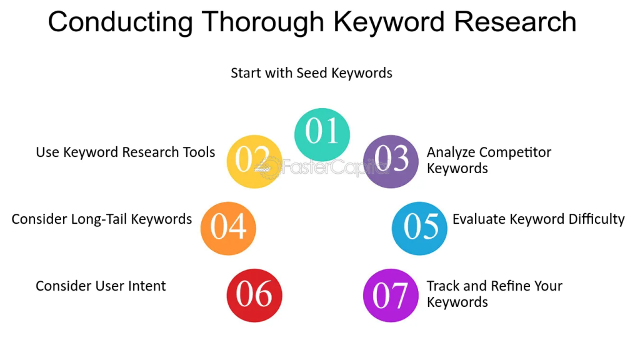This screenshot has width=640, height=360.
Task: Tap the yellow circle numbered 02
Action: (254, 161)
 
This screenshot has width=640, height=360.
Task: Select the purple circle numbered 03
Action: (391, 161)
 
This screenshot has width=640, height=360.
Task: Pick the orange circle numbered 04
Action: (228, 228)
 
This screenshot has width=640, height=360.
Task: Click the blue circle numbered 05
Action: (419, 228)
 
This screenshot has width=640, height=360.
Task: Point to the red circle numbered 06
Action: (254, 295)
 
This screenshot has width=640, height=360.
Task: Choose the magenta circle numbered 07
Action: (391, 295)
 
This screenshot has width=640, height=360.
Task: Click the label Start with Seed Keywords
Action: (311, 73)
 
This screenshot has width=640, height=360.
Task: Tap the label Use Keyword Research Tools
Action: (125, 152)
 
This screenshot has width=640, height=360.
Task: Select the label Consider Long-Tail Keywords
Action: (101, 219)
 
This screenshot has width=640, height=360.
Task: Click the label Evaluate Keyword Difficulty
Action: (538, 219)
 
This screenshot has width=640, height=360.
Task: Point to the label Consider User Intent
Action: (101, 286)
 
